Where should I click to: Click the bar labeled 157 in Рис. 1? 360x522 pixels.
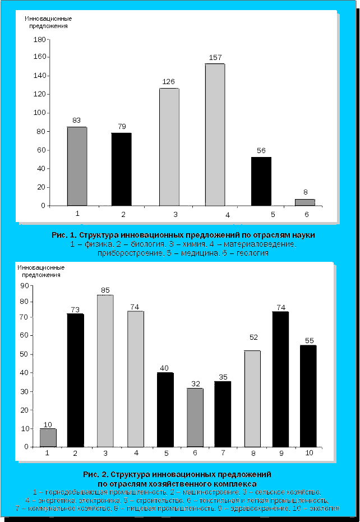(215, 135)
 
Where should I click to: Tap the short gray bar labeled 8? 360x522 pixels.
(305, 202)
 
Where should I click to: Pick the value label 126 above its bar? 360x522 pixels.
(169, 82)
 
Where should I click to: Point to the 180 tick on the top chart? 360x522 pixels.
(39, 40)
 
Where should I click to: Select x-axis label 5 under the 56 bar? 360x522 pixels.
(273, 214)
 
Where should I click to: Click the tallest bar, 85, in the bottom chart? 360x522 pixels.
(105, 370)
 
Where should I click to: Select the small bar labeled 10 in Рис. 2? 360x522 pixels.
(48, 437)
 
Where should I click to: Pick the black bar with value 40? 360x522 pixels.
(165, 409)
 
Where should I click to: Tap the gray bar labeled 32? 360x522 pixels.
(195, 417)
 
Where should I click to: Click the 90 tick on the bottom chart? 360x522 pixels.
(25, 285)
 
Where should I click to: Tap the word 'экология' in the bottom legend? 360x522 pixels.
(322, 509)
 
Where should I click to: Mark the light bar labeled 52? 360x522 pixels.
(252, 398)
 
